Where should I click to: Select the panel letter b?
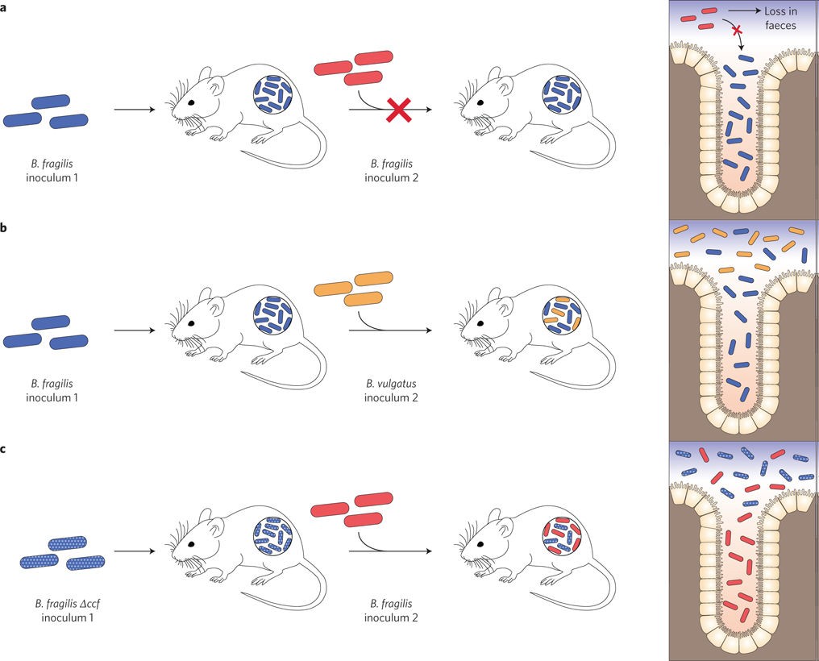click(4, 228)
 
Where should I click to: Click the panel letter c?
click(4, 448)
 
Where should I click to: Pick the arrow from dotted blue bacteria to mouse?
click(134, 552)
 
